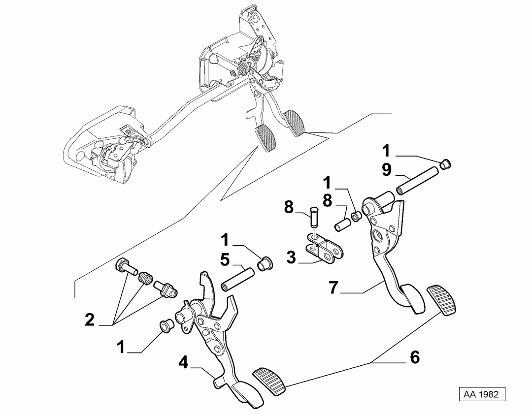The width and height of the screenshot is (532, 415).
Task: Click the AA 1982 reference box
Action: (x=482, y=394)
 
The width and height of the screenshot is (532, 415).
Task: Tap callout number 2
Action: (x=90, y=319)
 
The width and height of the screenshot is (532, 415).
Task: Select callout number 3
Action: (x=291, y=257)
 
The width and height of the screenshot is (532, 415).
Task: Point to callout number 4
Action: (x=183, y=363)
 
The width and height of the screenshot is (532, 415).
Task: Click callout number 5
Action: (x=225, y=260)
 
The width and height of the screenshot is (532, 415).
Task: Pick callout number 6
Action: (x=415, y=357)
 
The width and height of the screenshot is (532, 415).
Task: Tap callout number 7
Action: (x=334, y=288)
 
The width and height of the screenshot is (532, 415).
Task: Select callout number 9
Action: (x=387, y=169)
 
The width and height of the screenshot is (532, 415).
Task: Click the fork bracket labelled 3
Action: (x=324, y=249)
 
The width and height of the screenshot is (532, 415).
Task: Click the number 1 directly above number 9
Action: (x=387, y=151)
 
